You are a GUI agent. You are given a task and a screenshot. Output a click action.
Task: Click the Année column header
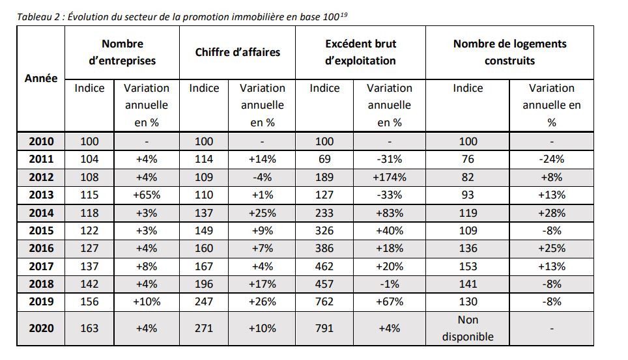[x=41, y=78]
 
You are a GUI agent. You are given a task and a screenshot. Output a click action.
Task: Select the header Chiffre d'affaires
[x=237, y=52]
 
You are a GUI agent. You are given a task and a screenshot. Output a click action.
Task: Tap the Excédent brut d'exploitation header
[x=360, y=52]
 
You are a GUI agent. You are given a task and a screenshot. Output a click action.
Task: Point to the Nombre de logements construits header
[x=509, y=52]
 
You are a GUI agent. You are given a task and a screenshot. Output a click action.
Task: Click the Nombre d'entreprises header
[x=122, y=52]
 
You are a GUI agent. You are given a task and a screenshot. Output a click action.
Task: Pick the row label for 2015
[x=41, y=230]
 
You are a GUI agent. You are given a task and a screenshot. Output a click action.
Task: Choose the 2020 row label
[x=41, y=328]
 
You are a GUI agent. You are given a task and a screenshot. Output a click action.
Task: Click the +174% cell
[x=389, y=177]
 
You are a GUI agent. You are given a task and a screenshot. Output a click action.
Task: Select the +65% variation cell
[x=146, y=195]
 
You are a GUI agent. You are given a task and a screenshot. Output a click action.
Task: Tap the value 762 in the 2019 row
[x=324, y=301]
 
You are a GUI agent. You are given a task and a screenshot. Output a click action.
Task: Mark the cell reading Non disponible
[x=468, y=328]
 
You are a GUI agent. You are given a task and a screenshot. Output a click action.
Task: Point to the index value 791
[x=324, y=328]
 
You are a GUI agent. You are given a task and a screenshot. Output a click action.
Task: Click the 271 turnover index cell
[x=204, y=328]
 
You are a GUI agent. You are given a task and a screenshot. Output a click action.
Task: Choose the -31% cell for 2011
[x=389, y=159]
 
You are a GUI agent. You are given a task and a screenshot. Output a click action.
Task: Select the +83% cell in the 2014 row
[x=389, y=213]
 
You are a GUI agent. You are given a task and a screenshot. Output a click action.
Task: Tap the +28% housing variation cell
[x=551, y=213]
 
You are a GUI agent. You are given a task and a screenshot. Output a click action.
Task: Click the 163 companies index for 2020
[x=89, y=328]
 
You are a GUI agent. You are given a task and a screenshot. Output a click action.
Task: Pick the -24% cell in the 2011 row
[x=551, y=159]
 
